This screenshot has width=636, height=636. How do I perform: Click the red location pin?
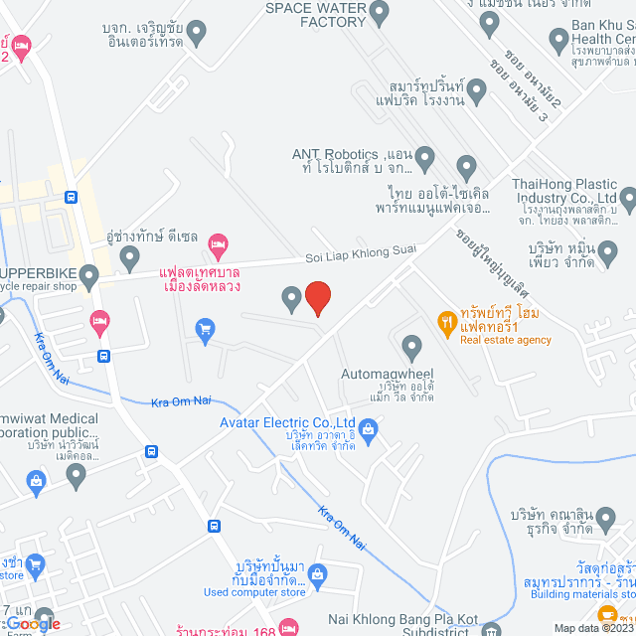coord(317,298)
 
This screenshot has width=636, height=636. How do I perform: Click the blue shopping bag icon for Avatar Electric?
coord(368,429)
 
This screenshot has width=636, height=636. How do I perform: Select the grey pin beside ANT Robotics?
coord(425,157)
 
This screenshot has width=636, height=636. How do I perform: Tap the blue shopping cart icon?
coord(206,331)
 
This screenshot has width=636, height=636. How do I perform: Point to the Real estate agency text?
coord(505,340)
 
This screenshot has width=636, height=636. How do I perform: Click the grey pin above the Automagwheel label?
coord(412,347)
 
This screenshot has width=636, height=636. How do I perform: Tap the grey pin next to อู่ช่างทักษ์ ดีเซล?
coord(129,259)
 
